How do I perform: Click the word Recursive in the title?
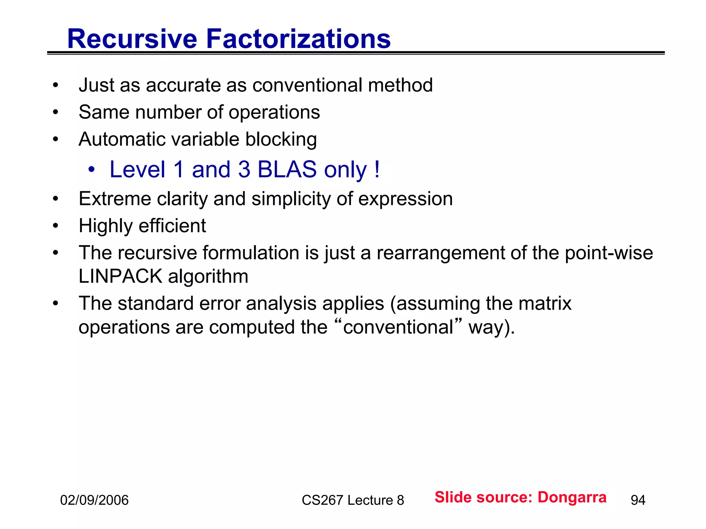pos(132,39)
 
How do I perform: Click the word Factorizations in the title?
pos(298,39)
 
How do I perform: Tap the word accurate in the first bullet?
pos(184,85)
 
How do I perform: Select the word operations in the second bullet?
pos(274,112)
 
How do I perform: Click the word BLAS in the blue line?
pos(287,169)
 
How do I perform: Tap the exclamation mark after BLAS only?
pos(377,169)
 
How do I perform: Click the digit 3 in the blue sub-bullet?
pos(244,169)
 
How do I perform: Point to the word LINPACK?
pos(120,276)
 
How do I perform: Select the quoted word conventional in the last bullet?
pos(398,327)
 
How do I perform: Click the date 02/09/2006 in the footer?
pos(94,500)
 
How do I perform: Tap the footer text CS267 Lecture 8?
pos(353,500)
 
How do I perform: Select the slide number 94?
pos(638,500)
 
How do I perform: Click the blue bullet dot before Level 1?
pos(91,170)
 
